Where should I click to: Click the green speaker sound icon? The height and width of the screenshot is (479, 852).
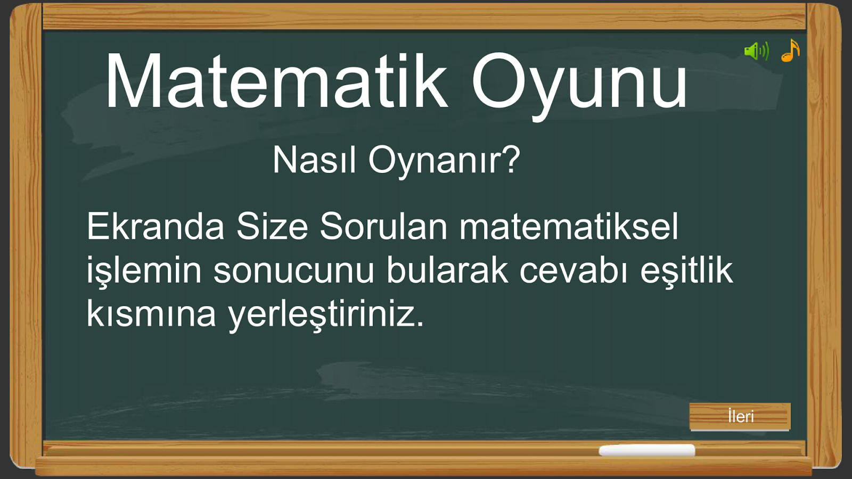(x=757, y=51)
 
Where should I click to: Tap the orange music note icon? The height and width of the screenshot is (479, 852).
(x=790, y=50)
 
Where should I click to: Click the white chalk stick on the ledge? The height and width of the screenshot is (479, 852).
(x=647, y=450)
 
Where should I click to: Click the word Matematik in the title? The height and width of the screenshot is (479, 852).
(x=276, y=81)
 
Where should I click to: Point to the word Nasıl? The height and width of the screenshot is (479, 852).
(x=314, y=160)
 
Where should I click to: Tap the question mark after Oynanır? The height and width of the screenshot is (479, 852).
(x=510, y=160)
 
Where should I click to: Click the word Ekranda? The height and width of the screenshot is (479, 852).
(x=155, y=227)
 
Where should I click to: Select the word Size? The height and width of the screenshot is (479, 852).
(x=272, y=227)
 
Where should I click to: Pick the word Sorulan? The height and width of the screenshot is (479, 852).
(x=384, y=227)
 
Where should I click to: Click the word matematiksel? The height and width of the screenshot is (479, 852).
(x=569, y=227)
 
